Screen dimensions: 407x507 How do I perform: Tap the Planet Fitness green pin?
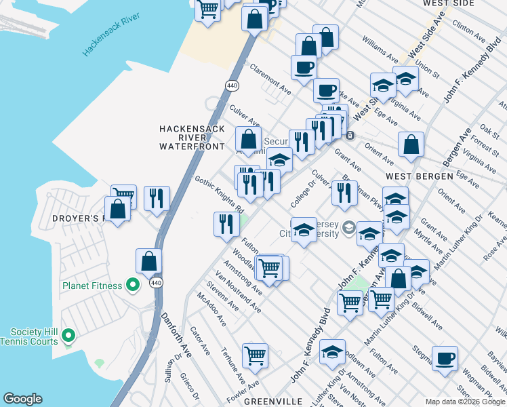click(134, 286)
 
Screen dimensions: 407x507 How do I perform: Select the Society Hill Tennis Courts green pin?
click(68, 335)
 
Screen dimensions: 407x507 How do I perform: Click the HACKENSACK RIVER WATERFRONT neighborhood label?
click(191, 137)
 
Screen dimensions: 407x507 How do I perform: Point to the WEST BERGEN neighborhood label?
click(419, 176)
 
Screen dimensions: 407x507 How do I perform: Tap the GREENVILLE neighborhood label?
click(272, 402)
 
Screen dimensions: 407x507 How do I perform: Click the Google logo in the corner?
click(22, 399)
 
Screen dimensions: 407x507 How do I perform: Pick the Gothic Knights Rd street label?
click(219, 193)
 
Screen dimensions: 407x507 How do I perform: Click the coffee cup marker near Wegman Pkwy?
click(445, 359)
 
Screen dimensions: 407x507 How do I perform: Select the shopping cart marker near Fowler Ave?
click(255, 355)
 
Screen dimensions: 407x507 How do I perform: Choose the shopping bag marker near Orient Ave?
click(411, 144)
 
